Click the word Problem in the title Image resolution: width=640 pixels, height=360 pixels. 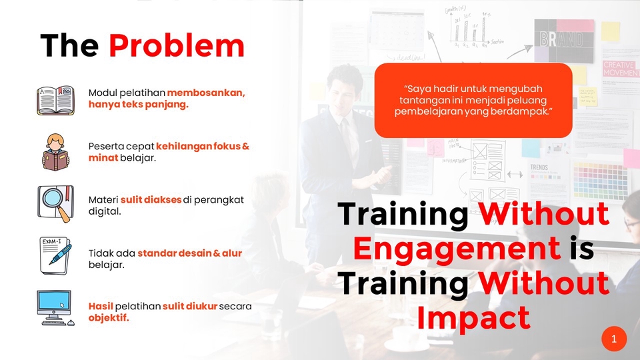click(x=176, y=45)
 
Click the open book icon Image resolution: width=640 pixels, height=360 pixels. click(x=55, y=101)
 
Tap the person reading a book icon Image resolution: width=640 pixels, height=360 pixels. click(x=55, y=152)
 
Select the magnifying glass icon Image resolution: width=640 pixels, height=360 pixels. click(x=56, y=204)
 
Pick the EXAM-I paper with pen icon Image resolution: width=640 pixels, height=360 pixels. click(x=55, y=255)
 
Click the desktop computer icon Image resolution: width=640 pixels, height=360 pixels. click(x=55, y=308)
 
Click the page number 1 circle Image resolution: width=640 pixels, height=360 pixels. click(x=614, y=339)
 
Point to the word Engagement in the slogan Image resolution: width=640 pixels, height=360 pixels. click(x=457, y=248)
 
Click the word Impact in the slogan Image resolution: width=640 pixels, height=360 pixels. click(x=473, y=318)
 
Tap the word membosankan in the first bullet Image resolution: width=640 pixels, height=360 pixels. click(x=206, y=93)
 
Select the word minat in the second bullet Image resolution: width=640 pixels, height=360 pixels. click(x=103, y=157)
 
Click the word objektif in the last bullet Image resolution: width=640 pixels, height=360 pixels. click(x=109, y=317)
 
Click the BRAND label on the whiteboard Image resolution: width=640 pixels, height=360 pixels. click(x=561, y=39)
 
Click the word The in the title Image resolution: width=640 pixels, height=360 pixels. click(x=69, y=45)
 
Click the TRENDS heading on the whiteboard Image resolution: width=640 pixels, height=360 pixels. click(x=539, y=167)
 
